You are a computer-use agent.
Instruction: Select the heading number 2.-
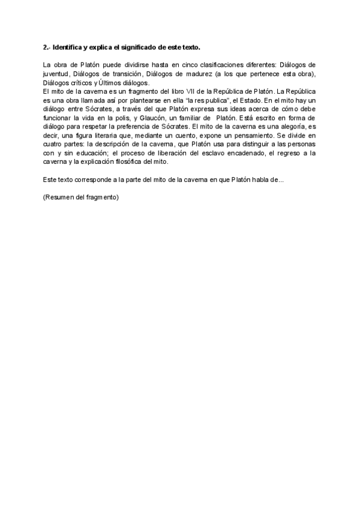pyautogui.click(x=47, y=47)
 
